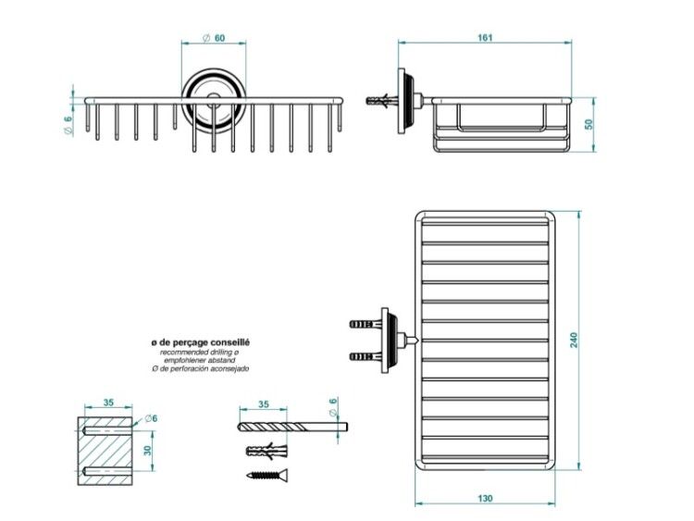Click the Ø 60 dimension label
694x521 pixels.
pos(214,38)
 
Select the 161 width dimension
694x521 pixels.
pos(485,38)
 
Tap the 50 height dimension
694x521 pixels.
pos(589,124)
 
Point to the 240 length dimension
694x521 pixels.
pos(574,340)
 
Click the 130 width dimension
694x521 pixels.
pos(485,499)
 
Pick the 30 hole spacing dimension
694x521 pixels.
pos(147,450)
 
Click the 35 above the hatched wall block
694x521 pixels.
pos(108,403)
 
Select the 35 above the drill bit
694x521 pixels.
pos(264,404)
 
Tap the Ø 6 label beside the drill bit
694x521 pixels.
pos(333,406)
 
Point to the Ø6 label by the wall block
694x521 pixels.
pos(151,418)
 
